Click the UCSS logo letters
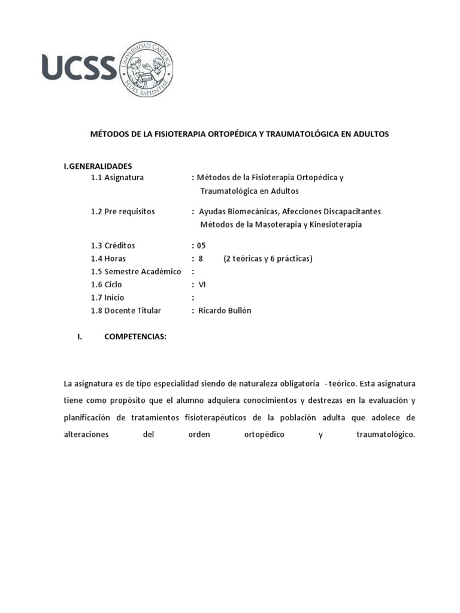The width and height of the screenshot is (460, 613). [x=78, y=66]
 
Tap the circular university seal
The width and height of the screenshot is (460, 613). [x=147, y=67]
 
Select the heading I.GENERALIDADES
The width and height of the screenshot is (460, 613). [x=98, y=166]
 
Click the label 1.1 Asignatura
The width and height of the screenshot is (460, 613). [x=117, y=178]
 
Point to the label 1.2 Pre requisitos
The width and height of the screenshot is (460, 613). [x=123, y=211]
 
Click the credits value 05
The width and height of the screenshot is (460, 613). [x=201, y=245]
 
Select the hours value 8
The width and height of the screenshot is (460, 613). [x=201, y=259]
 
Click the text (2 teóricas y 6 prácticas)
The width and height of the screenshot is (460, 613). [x=268, y=259]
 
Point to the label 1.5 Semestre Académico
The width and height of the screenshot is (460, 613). [x=136, y=272]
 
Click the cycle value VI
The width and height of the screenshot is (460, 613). [x=202, y=285]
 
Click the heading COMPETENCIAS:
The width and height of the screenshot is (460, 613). [x=135, y=337]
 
